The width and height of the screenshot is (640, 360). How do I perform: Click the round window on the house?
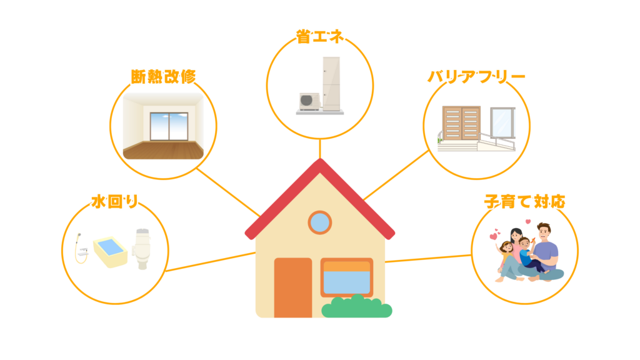coord(320,222)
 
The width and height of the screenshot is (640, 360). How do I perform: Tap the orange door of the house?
coord(292,286)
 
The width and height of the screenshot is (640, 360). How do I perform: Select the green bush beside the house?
coord(356,307)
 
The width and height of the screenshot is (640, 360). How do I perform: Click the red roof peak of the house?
coord(320,166)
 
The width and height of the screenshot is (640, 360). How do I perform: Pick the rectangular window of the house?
coord(346,277)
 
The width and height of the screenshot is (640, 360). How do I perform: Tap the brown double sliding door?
coord(461,124)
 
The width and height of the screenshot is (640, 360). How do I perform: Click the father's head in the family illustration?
coord(543,232)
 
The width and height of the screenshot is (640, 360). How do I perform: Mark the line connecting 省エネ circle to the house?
coord(320,149)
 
